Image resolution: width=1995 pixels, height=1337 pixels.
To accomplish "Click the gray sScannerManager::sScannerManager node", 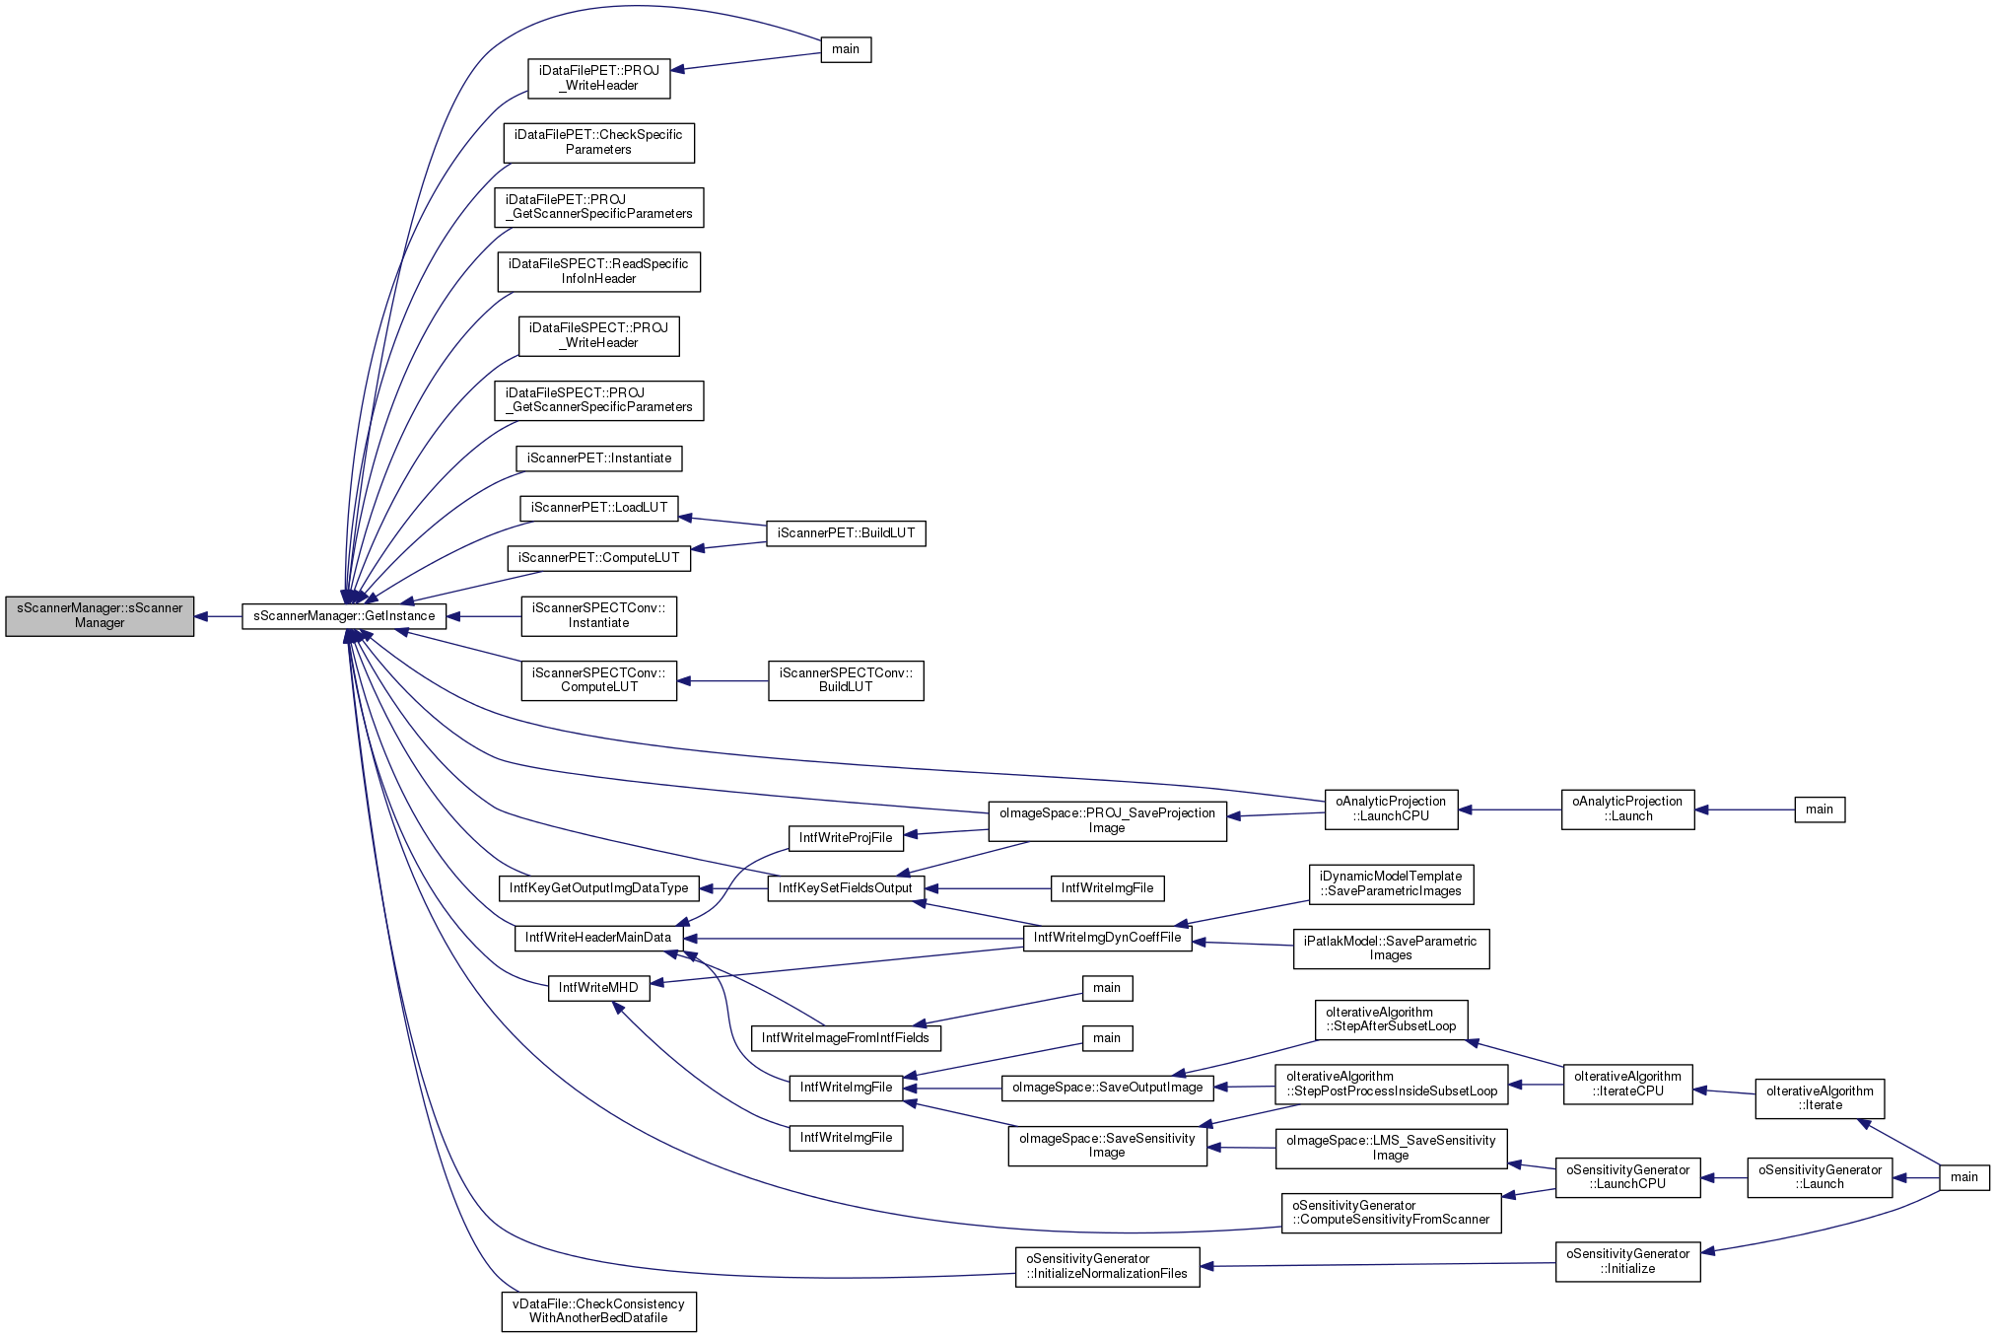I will click(x=100, y=616).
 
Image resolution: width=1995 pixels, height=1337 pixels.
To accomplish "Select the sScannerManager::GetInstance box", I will click(x=344, y=616).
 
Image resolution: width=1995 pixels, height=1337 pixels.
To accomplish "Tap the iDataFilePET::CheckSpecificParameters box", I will click(x=598, y=143).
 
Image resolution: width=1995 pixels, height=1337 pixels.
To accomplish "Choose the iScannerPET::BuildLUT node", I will click(x=846, y=533).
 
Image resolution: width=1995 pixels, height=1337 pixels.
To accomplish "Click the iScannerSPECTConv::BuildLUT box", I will click(x=846, y=680).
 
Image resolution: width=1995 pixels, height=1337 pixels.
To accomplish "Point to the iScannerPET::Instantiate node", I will click(x=598, y=458).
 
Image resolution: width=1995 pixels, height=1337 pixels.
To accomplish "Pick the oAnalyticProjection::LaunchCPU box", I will click(x=1391, y=809).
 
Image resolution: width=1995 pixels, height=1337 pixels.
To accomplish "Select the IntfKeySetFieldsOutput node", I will click(x=846, y=888).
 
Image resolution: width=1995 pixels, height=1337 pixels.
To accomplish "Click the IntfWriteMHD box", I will click(x=598, y=988).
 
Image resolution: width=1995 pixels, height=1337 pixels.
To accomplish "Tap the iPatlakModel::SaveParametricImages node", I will click(x=1391, y=949).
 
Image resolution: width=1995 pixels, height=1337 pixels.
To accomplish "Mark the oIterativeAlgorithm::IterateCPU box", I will click(x=1627, y=1084).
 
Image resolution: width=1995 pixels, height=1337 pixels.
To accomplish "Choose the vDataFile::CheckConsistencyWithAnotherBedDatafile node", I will click(x=598, y=1311).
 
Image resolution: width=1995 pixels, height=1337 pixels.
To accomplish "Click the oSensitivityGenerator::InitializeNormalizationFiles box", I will click(x=1107, y=1266).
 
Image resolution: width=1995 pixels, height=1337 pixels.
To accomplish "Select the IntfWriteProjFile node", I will click(x=846, y=838).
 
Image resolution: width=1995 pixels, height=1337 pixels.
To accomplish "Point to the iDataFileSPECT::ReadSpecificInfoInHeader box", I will click(x=598, y=271).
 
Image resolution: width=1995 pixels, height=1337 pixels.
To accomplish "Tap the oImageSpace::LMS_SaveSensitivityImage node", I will click(x=1391, y=1149).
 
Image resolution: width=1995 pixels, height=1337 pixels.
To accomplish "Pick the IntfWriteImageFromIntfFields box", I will click(x=846, y=1038).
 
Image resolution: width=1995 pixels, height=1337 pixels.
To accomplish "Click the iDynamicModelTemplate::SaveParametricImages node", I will click(x=1391, y=884).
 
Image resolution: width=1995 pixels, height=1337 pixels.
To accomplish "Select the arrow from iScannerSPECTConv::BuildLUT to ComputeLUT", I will click(x=722, y=681).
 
